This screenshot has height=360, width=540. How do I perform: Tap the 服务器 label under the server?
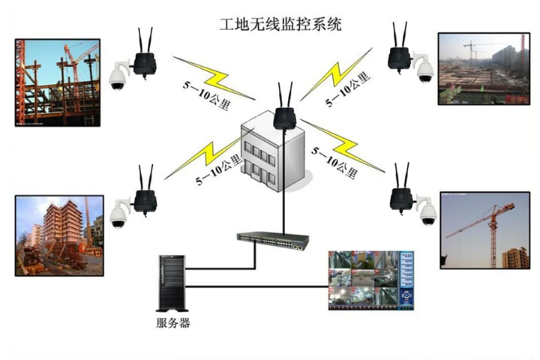click(173, 323)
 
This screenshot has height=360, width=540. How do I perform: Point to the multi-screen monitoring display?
click(372, 280)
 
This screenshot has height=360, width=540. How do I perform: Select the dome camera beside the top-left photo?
click(117, 76)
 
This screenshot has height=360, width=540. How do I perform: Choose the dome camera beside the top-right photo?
click(424, 70)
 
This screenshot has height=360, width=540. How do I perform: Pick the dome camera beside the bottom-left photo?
click(117, 216)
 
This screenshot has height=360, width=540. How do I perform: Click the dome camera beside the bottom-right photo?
click(427, 213)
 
